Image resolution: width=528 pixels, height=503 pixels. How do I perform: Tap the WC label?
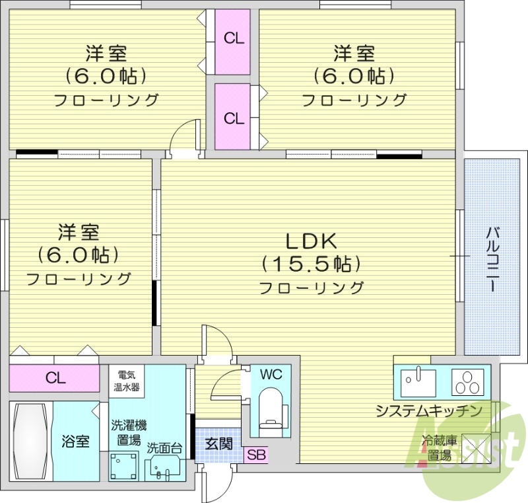tap(271, 374)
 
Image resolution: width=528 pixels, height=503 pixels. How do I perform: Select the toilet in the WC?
tap(271, 409)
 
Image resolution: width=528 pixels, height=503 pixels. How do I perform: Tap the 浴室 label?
tap(76, 441)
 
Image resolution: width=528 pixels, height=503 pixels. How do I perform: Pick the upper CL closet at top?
tap(233, 38)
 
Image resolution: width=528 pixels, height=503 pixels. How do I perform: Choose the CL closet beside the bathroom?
tap(55, 378)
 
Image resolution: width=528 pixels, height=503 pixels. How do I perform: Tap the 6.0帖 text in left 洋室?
tap(79, 254)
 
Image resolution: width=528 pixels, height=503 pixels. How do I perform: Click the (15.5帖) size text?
tap(312, 264)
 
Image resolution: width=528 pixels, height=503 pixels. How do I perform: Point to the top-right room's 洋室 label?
tap(354, 52)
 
